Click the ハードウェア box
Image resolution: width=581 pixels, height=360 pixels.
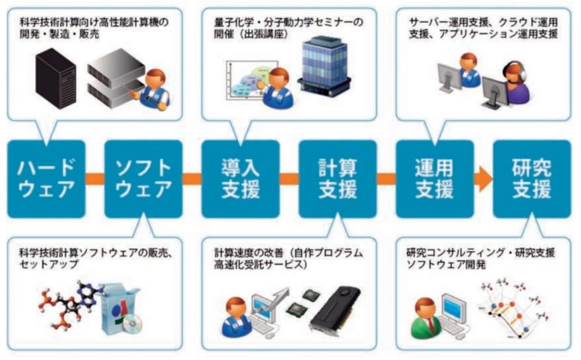[47, 179]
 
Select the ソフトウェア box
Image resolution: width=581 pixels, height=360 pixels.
[144, 179]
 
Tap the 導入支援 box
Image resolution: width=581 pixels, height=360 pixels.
[241, 179]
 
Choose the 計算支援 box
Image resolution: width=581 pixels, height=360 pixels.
[338, 179]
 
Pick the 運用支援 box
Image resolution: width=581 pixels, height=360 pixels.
[435, 179]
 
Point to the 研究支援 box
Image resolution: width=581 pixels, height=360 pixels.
[532, 179]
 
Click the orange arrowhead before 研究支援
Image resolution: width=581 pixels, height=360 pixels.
[484, 179]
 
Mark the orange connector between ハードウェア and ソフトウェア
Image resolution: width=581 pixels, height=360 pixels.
[95, 179]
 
